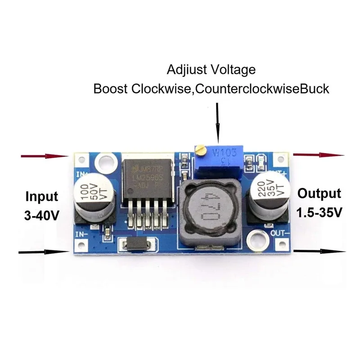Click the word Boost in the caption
coord(111,89)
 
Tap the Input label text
coord(42,197)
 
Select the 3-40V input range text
coord(42,215)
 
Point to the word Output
coord(319,193)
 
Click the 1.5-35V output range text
coord(319,212)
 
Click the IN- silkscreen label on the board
coord(82,234)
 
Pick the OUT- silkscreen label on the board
coord(279,233)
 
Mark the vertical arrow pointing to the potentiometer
coord(218,121)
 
